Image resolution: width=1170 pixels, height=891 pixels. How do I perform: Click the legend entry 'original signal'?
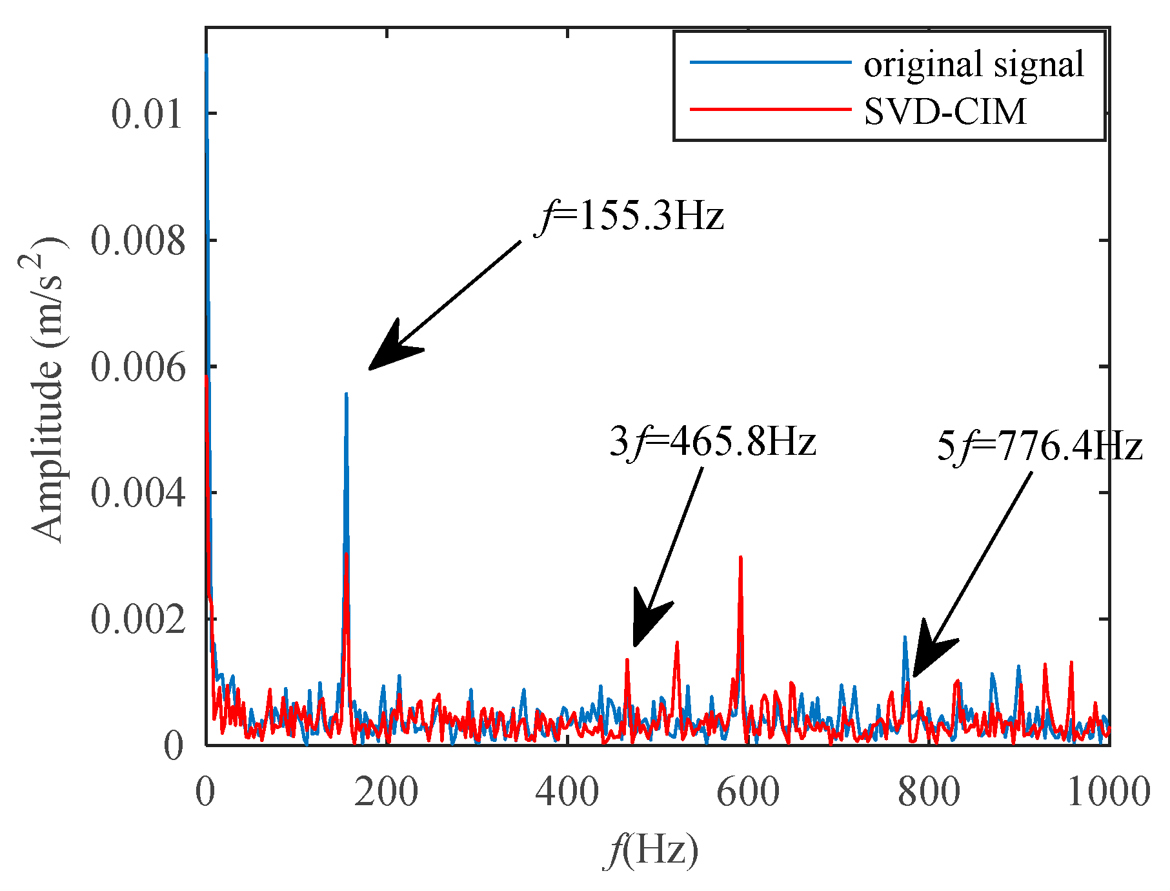pos(973,64)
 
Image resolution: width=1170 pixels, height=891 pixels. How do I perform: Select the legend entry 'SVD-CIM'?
pos(945,111)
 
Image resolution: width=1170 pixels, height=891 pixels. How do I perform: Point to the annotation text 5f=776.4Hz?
pos(1039,446)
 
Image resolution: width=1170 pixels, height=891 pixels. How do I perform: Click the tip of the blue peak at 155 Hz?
pos(347,393)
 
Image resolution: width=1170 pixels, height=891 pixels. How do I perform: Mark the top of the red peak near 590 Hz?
pos(740,557)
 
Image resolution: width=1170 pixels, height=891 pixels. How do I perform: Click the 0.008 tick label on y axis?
pos(138,241)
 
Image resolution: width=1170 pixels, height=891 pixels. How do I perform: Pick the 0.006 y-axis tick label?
pos(138,368)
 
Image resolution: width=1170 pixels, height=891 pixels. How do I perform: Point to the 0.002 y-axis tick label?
pos(138,619)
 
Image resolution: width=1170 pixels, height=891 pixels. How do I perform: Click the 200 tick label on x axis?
pos(386,792)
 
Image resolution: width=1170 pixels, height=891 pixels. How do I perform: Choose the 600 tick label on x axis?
pos(748,792)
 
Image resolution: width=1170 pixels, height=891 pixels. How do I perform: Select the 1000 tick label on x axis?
pos(1108,792)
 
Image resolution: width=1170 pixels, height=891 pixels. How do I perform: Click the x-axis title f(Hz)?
pos(651,850)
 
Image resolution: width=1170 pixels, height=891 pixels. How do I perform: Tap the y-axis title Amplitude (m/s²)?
pos(48,390)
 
